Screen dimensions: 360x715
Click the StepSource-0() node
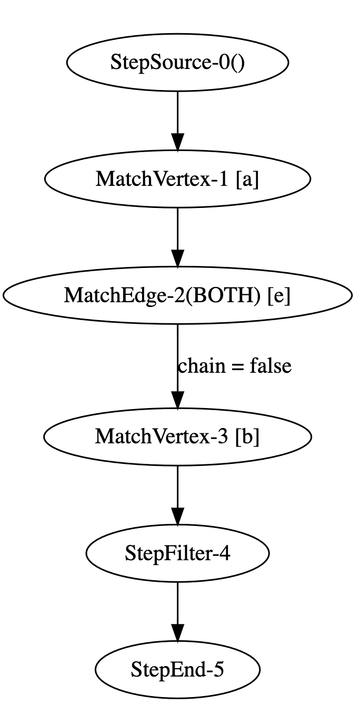(177, 62)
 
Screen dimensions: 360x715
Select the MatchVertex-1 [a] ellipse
(177, 179)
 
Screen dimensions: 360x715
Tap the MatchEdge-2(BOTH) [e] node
(177, 295)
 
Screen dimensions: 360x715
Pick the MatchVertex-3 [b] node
(177, 436)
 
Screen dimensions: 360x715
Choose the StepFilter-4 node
(177, 553)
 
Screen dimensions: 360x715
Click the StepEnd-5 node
(177, 670)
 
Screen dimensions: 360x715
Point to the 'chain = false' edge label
(235, 365)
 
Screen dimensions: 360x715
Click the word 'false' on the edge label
(271, 365)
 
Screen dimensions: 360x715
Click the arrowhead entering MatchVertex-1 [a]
(177, 142)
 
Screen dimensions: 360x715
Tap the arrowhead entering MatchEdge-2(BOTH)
(177, 259)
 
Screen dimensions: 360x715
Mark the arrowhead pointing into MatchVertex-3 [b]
(177, 400)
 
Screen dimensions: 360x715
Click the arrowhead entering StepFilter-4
(177, 517)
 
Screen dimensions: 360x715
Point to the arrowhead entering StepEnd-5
(177, 633)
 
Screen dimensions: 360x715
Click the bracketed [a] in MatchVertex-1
(247, 180)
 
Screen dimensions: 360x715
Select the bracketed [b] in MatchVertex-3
(247, 437)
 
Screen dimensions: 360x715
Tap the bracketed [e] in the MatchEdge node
(279, 296)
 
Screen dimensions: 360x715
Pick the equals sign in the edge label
(237, 366)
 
